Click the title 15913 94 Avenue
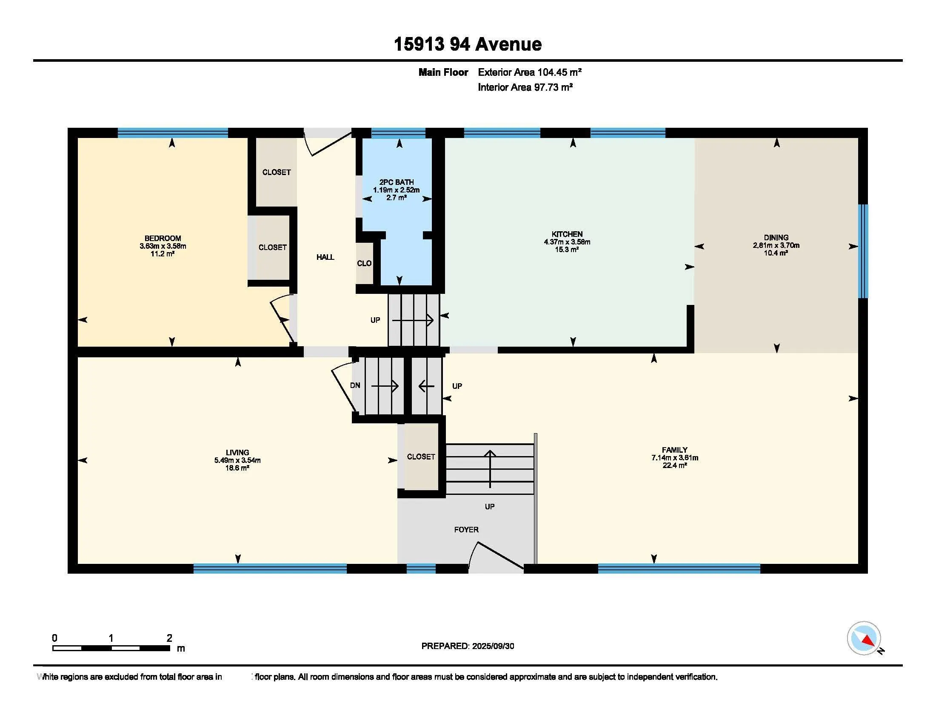click(468, 44)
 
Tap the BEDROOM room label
click(163, 238)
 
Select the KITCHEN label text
click(567, 234)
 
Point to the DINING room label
click(776, 238)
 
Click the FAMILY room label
click(675, 450)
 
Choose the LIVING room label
click(237, 452)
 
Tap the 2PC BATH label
click(397, 182)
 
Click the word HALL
click(325, 257)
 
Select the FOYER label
click(466, 530)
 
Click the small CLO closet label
click(364, 263)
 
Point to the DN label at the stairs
click(355, 385)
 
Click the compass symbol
click(864, 638)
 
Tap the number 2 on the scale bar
click(170, 638)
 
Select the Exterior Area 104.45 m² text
click(530, 72)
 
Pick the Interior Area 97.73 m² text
click(525, 87)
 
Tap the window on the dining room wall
click(864, 251)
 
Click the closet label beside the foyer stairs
click(421, 457)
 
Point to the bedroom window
click(173, 133)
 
